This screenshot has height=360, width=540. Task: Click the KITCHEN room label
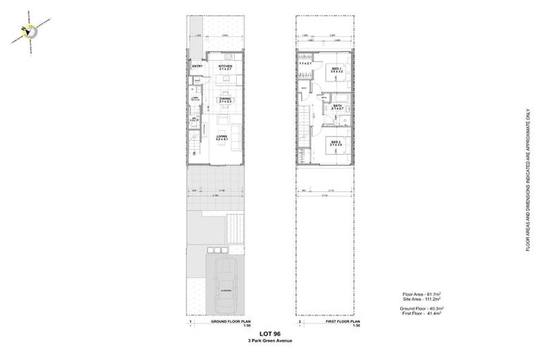pos(225,66)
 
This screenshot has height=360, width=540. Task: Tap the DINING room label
pos(225,101)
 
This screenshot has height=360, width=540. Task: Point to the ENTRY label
pos(198,67)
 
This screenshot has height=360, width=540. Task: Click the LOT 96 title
pos(269,334)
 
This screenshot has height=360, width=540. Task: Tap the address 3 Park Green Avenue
pos(269,341)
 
